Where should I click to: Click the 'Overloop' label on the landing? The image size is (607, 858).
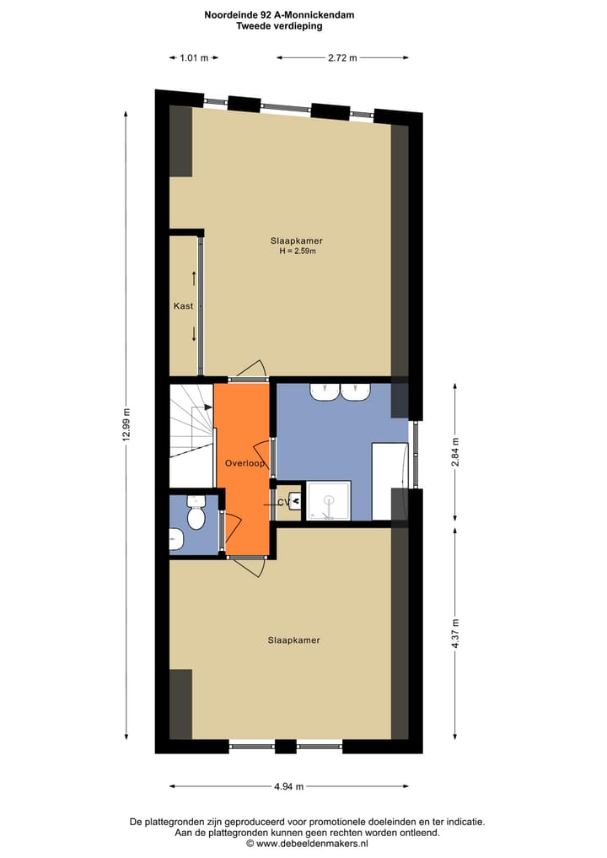coord(244,464)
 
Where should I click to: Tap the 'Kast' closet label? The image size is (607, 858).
coord(183,306)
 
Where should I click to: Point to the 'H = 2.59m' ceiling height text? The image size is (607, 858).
coord(297,251)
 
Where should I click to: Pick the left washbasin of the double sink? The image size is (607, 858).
coord(324,391)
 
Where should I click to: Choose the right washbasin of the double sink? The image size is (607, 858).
coord(355,391)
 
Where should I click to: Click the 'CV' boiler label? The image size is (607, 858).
coord(283,503)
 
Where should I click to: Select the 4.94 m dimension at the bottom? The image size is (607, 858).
coord(288,786)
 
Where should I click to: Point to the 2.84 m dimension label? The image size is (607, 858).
coord(455,451)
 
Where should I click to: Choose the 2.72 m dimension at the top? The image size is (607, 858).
coord(342,57)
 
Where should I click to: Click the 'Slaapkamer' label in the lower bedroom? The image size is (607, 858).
coord(293,640)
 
